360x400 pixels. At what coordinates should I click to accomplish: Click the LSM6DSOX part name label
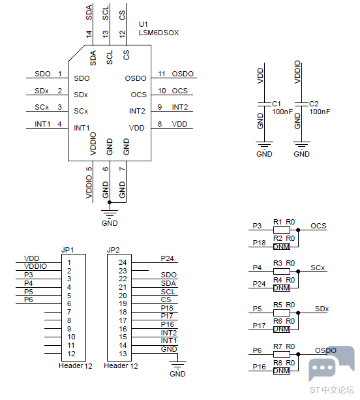click(x=158, y=33)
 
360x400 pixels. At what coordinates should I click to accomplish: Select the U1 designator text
click(x=143, y=24)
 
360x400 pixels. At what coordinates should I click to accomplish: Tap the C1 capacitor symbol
click(x=264, y=104)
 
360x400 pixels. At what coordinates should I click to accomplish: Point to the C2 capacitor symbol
click(x=301, y=104)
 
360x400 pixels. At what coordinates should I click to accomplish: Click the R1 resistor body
click(x=282, y=230)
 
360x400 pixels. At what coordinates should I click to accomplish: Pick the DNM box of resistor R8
click(x=282, y=371)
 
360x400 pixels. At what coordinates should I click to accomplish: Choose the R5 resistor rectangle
click(x=282, y=313)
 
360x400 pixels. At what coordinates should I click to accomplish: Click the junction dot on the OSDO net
click(x=298, y=354)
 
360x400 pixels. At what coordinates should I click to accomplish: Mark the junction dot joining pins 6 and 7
click(x=110, y=202)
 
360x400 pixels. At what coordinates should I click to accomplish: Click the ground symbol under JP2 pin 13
click(x=177, y=365)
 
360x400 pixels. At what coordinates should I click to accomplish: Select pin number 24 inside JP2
click(x=123, y=262)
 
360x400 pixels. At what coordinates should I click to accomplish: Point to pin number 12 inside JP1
click(x=71, y=354)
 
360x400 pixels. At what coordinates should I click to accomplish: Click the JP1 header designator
click(x=67, y=250)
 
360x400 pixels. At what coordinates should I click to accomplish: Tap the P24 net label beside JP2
click(x=167, y=258)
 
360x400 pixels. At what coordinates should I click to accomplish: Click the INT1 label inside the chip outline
click(x=82, y=128)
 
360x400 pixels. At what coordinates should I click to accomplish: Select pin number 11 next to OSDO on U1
click(x=162, y=74)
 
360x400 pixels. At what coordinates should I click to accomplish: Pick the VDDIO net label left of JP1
click(x=35, y=266)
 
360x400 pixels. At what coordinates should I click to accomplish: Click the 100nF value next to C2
click(x=320, y=112)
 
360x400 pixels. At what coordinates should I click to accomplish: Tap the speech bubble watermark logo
click(x=331, y=363)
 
